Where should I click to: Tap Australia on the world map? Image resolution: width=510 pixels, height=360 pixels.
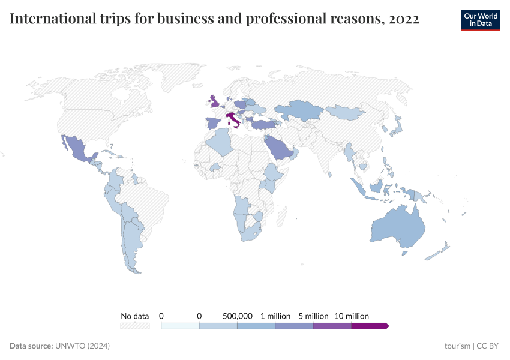(x=397, y=228)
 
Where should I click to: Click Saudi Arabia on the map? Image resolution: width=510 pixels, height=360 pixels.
(x=278, y=147)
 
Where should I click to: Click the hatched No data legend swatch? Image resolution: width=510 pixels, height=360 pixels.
(x=134, y=326)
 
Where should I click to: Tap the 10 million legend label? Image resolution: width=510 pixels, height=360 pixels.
(x=351, y=316)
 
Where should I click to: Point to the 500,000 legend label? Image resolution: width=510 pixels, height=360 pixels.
(x=238, y=316)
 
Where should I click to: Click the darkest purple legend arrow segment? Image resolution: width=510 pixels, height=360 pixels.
(x=369, y=326)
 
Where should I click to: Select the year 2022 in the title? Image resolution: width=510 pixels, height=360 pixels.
(x=404, y=19)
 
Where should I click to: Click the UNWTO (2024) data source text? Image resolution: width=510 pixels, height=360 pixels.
(x=82, y=346)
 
